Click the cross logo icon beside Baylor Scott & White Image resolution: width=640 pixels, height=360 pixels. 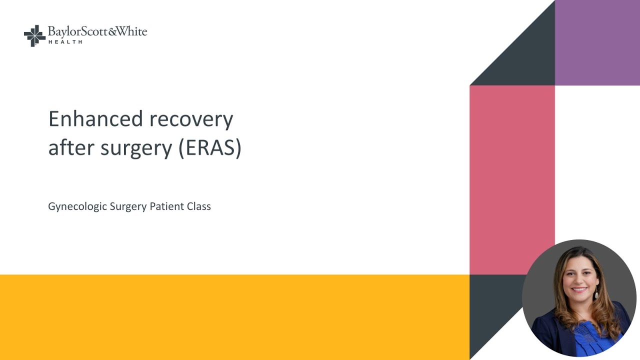pyautogui.click(x=34, y=36)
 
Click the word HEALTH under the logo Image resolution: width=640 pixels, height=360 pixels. pyautogui.click(x=65, y=42)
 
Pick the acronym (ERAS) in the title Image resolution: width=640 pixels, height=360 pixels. pyautogui.click(x=210, y=148)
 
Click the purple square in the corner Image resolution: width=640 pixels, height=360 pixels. pyautogui.click(x=597, y=42)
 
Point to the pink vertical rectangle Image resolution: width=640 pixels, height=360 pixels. pyautogui.click(x=512, y=180)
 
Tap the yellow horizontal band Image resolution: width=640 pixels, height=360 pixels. pyautogui.click(x=234, y=317)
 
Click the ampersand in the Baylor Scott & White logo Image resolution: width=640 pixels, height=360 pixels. pyautogui.click(x=112, y=32)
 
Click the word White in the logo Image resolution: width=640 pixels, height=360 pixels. pyautogui.click(x=132, y=32)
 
